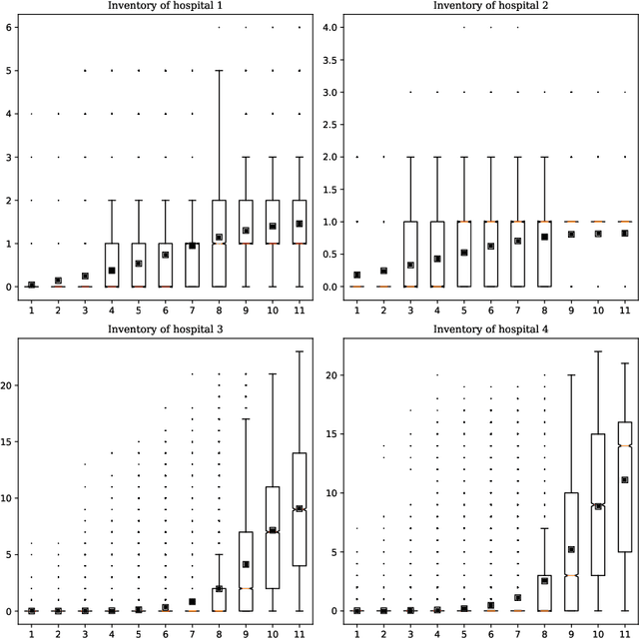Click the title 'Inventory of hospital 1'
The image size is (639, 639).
coord(166,6)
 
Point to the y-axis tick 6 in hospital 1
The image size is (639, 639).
coord(9,27)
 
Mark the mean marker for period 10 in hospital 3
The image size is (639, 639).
coord(272,530)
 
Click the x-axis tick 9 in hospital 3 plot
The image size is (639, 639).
coord(246,633)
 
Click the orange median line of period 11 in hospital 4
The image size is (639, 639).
coord(625,445)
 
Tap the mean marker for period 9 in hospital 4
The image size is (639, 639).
coord(571,549)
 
